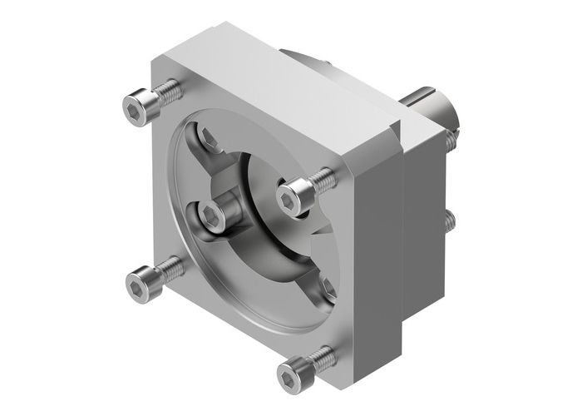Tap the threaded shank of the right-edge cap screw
coord(323,179)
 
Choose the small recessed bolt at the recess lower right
coord(327,287)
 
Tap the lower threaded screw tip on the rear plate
coord(450,220)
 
